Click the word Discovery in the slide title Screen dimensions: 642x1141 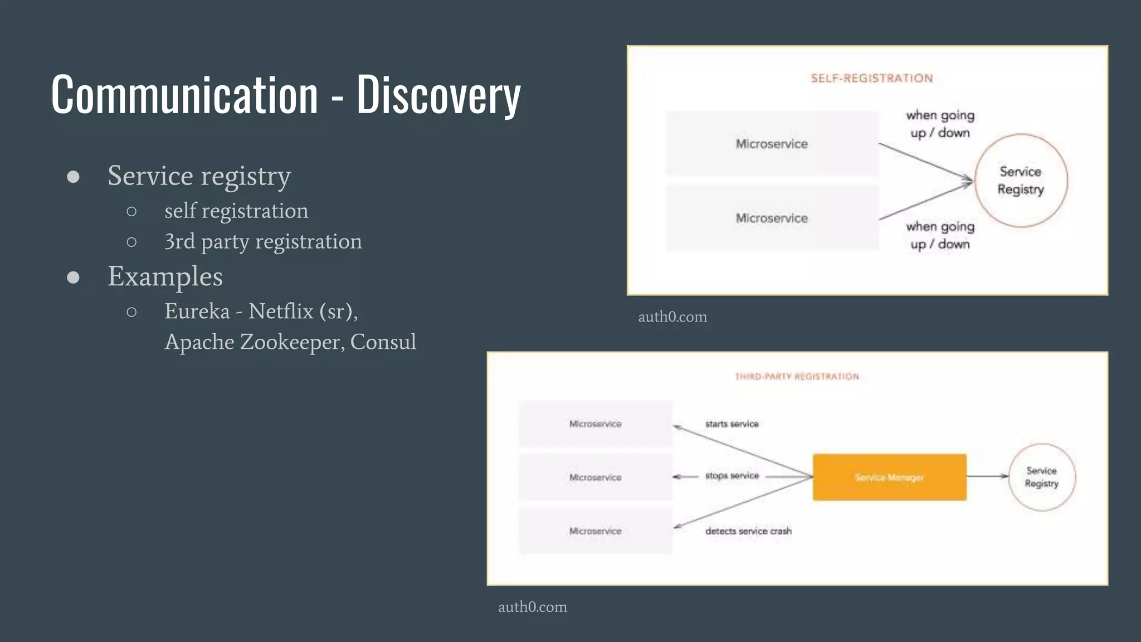coord(438,95)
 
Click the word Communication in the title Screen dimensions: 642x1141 coord(184,95)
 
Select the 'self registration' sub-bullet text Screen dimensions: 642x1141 coord(236,211)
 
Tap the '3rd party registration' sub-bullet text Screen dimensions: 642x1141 coord(263,241)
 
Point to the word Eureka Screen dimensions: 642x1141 coord(197,311)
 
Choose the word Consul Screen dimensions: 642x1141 coord(383,342)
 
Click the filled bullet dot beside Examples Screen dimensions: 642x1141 coord(73,277)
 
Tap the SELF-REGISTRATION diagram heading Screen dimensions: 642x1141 coord(872,78)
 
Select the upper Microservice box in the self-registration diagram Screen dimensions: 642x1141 coord(772,144)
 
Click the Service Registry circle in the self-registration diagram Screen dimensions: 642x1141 coord(1021,180)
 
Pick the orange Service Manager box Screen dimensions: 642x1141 coord(889,477)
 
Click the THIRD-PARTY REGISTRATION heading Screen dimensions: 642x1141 coord(797,377)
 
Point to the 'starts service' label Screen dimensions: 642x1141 coord(732,424)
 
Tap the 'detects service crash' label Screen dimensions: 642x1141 coord(748,531)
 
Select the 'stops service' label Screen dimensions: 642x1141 coord(732,476)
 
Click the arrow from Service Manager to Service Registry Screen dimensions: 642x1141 coord(987,476)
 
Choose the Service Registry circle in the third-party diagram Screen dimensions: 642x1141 coord(1042,477)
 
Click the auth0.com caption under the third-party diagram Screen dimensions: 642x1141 coord(532,607)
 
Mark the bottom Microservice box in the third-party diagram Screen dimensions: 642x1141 coord(595,531)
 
